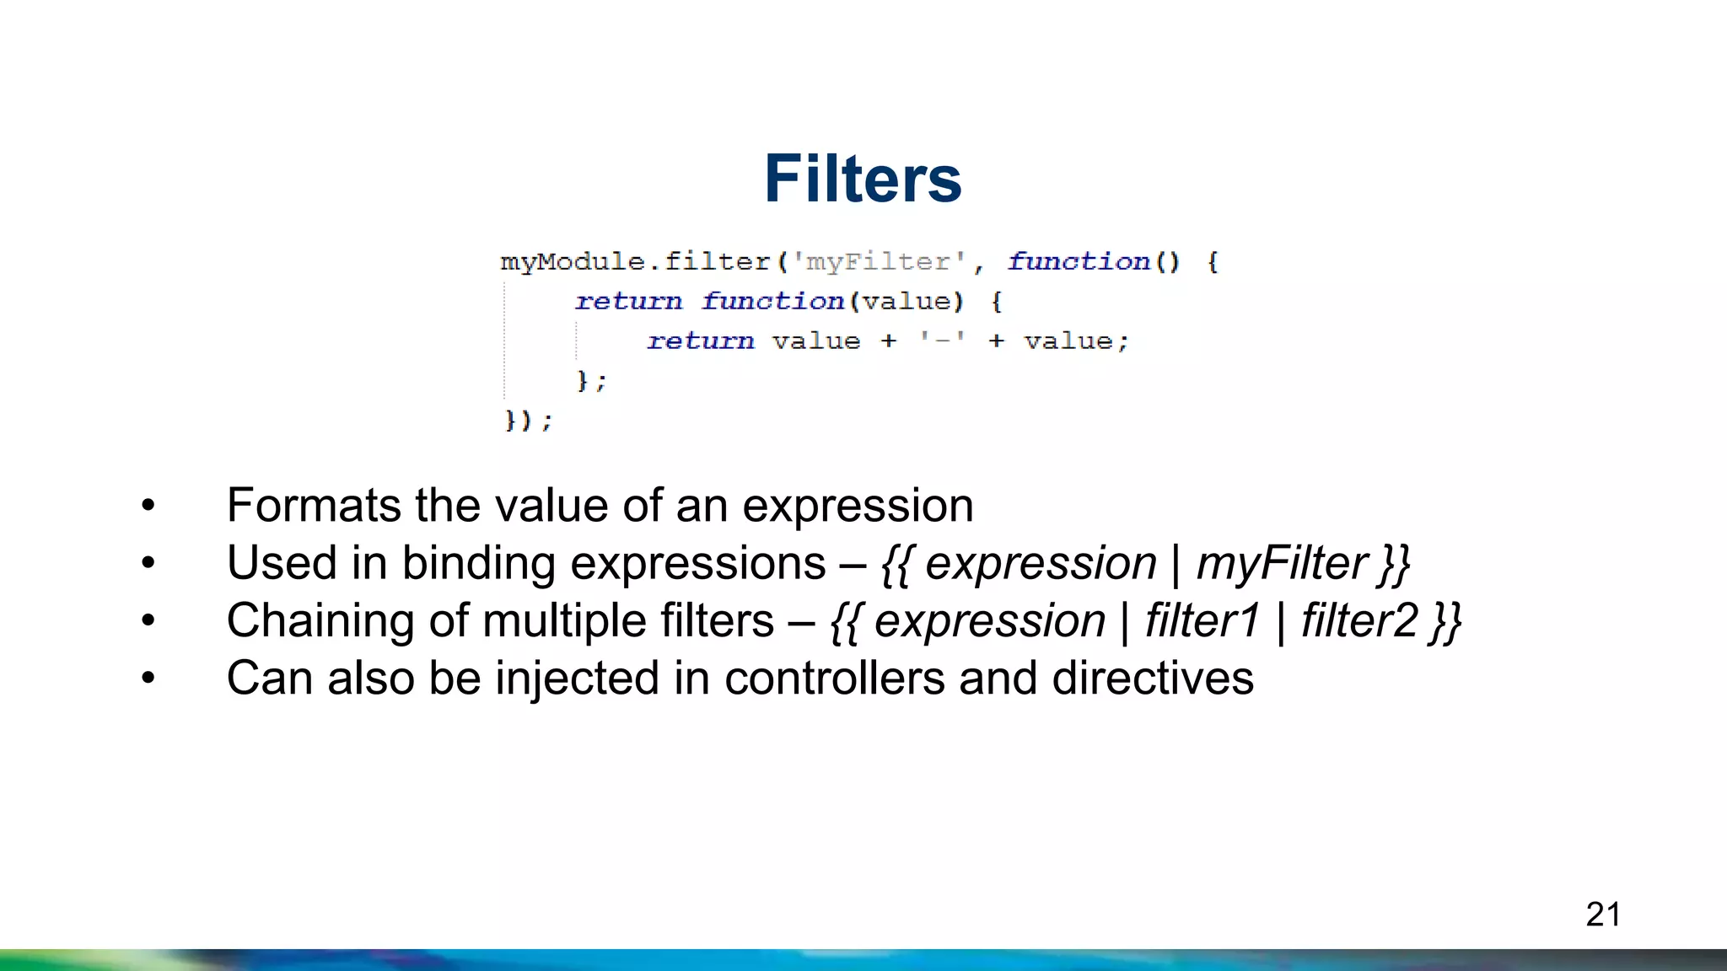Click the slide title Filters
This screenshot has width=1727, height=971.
tap(863, 179)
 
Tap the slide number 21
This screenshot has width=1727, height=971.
tap(1603, 915)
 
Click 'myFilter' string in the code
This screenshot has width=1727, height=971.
tap(878, 262)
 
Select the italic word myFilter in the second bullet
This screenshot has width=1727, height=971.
tap(1282, 563)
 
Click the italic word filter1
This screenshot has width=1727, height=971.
tap(1202, 621)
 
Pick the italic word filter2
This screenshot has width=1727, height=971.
tap(1358, 621)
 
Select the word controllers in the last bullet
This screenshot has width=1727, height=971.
tap(834, 679)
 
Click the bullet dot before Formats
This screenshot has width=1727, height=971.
tap(148, 506)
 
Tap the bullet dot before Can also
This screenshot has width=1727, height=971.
tap(148, 679)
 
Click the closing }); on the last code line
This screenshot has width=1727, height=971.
tap(528, 420)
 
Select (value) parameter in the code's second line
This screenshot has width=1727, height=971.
tap(907, 302)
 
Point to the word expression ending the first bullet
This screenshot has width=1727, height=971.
tap(857, 506)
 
